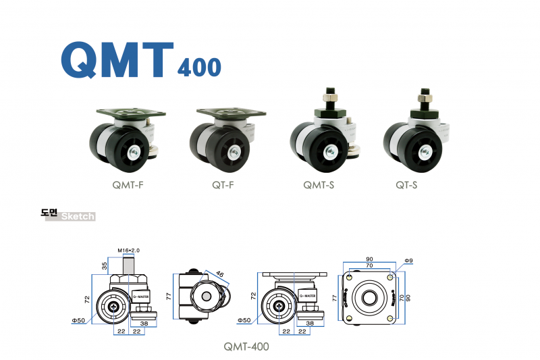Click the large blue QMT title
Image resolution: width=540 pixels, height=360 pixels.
pos(117,59)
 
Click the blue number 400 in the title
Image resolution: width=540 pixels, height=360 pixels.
pos(199,67)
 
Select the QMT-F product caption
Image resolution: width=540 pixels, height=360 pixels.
pos(128,185)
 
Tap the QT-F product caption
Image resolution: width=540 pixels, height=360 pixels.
pos(223,185)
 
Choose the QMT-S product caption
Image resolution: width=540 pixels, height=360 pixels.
pos(319,185)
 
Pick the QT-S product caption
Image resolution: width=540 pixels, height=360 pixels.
pos(406,185)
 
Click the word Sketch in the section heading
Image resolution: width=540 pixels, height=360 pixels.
pos(78,216)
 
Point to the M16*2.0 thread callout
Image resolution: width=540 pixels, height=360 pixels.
pos(128,251)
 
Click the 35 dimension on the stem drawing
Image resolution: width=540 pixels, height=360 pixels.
pos(105,265)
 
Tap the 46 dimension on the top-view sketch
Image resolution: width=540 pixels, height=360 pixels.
pos(220,274)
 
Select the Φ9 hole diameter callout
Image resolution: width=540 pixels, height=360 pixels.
pos(408,261)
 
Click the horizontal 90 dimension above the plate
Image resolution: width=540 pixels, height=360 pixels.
pos(369,259)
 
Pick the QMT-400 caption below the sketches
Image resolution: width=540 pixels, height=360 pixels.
pos(246,346)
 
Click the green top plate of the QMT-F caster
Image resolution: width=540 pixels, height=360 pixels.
pos(131,113)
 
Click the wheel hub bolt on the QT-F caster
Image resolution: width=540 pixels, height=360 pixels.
pos(235,151)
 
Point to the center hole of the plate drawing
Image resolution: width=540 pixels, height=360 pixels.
pos(369,298)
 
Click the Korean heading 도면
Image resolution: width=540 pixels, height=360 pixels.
pos(49,213)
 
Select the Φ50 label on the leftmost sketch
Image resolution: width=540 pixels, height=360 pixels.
pos(78,321)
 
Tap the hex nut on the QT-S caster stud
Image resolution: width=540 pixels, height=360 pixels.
pos(425,98)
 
